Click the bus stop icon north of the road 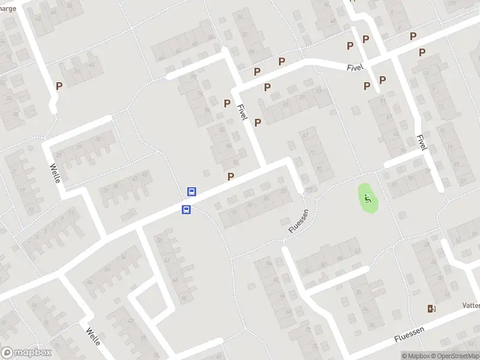click(x=191, y=192)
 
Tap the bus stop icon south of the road click(x=187, y=209)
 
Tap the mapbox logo click(x=25, y=353)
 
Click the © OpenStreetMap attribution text click(x=454, y=356)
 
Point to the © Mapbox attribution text click(x=416, y=356)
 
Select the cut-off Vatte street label click(x=470, y=305)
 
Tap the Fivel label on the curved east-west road click(x=355, y=67)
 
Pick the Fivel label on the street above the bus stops click(x=242, y=112)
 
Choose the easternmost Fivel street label click(x=421, y=142)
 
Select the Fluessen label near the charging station click(x=410, y=335)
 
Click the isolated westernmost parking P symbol click(x=59, y=86)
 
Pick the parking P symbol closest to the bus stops click(x=230, y=176)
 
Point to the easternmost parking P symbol click(x=422, y=52)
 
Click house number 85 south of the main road click(x=266, y=199)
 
